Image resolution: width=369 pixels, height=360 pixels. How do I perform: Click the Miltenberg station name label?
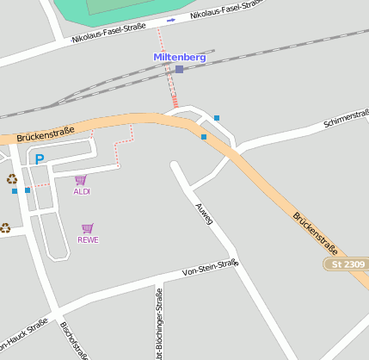coord(179,57)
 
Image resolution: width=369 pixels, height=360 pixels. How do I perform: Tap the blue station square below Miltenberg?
coord(179,69)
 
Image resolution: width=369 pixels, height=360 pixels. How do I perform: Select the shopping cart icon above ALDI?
coord(81,180)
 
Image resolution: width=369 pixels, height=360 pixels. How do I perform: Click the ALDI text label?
coord(82,191)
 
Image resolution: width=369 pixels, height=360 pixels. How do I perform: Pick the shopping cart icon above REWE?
coord(87,228)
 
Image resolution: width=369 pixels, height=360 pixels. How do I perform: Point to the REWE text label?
coord(88,239)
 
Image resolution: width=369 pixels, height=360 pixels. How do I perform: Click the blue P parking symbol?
coord(39,158)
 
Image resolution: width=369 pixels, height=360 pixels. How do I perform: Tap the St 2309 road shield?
coord(346,264)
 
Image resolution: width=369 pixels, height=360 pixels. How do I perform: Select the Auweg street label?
coord(204,214)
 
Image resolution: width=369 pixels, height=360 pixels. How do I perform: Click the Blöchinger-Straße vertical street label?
coord(159,324)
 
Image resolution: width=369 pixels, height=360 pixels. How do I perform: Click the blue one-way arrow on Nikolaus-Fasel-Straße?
coord(170,20)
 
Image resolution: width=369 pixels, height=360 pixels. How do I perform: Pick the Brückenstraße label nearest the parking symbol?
coord(46,133)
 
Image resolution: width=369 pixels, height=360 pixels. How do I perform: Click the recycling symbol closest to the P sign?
coord(12,178)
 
